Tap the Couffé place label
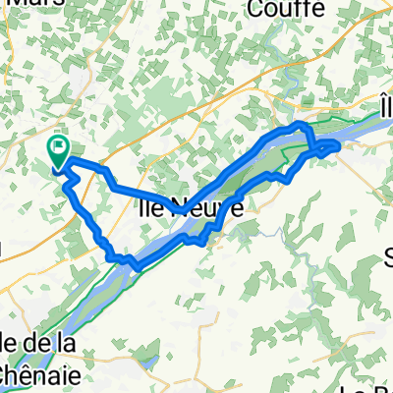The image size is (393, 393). [287, 9]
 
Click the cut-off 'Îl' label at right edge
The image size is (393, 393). [384, 106]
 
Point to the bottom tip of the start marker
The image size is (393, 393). [58, 167]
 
